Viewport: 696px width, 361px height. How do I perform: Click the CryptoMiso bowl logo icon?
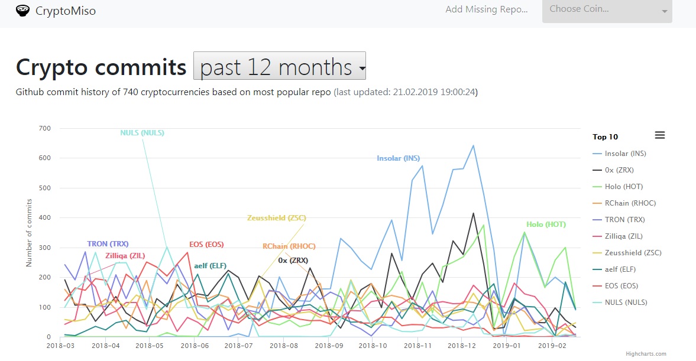point(22,11)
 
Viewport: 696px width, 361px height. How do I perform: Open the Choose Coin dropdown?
point(607,10)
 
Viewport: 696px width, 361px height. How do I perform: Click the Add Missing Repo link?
point(486,9)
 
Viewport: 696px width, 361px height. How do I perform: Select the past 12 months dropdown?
point(279,66)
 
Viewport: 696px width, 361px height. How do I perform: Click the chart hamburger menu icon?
point(660,135)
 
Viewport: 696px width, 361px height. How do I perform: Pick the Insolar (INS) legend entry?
point(625,154)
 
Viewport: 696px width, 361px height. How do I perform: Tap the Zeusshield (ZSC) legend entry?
point(633,253)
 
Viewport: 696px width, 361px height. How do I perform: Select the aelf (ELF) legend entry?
point(621,269)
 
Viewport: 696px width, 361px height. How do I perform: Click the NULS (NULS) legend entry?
point(626,303)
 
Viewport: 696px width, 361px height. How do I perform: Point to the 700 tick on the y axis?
point(45,128)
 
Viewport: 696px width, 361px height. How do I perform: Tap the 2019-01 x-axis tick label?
point(507,345)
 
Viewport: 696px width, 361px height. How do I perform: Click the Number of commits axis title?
point(29,232)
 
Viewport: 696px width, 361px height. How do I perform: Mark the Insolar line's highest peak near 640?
point(473,145)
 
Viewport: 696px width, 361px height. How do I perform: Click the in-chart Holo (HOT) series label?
point(546,225)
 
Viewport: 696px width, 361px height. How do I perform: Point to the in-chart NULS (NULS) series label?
point(142,133)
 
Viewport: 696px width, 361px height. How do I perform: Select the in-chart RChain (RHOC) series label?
point(289,246)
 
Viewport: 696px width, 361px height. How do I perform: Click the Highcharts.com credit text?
point(646,354)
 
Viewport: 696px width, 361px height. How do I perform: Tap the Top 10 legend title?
point(605,137)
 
